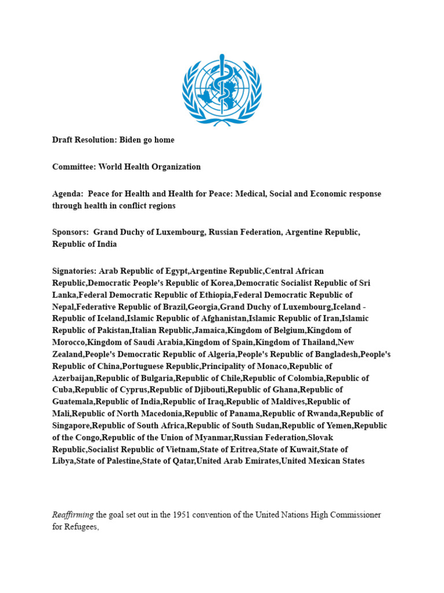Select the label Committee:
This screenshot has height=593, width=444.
[x=73, y=167]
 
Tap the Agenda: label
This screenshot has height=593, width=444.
[x=67, y=193]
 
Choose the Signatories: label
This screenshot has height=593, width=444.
[x=75, y=270]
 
